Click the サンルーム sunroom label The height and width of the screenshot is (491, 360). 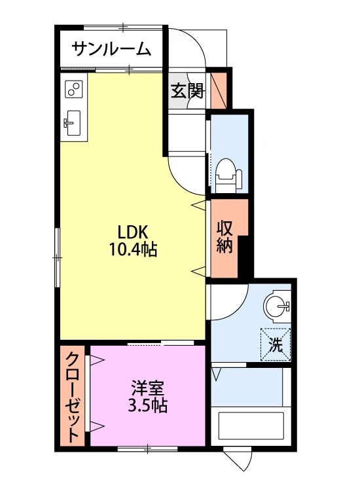(111, 49)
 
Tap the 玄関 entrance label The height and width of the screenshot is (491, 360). (187, 91)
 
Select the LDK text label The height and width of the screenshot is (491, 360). (132, 232)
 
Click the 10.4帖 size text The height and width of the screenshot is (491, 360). (133, 249)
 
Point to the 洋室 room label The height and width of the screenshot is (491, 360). (147, 389)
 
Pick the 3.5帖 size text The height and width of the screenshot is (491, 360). (147, 406)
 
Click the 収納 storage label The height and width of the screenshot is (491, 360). (225, 237)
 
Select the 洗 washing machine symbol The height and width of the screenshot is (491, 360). (276, 344)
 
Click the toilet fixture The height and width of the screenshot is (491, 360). (229, 175)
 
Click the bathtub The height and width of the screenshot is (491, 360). (251, 426)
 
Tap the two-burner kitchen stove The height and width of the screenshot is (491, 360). (74, 89)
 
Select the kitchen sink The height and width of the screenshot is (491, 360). (73, 123)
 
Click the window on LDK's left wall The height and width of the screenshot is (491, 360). (57, 257)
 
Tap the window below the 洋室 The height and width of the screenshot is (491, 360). (147, 449)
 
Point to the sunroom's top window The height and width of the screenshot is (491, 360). (123, 27)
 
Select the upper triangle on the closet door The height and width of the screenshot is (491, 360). (97, 361)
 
